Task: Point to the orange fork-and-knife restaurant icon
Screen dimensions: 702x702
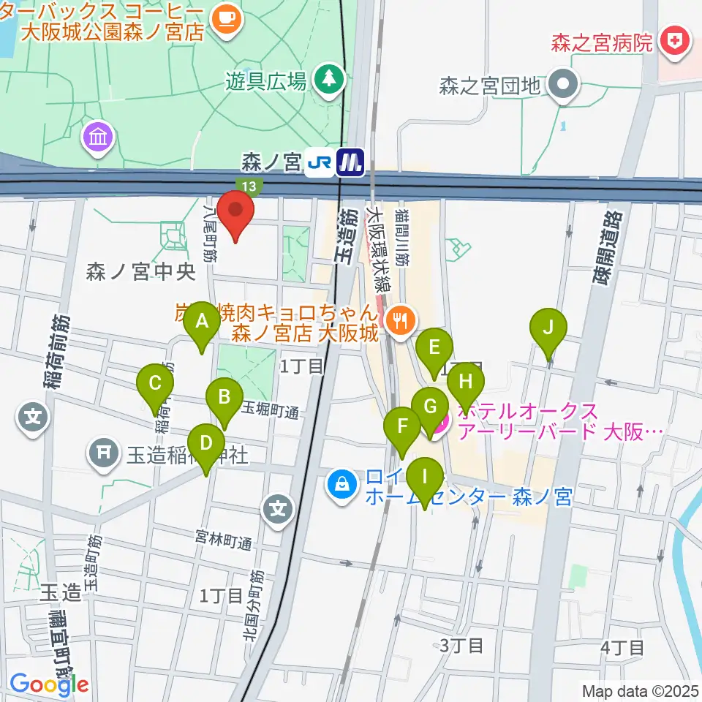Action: click(x=399, y=319)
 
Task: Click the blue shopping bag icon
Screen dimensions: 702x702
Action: click(x=341, y=483)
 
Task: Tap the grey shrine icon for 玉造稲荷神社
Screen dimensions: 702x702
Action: click(x=104, y=454)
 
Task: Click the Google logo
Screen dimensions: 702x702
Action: click(x=50, y=684)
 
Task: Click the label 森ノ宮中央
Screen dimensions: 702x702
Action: click(x=140, y=273)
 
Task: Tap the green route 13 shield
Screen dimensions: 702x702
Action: click(x=248, y=187)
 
